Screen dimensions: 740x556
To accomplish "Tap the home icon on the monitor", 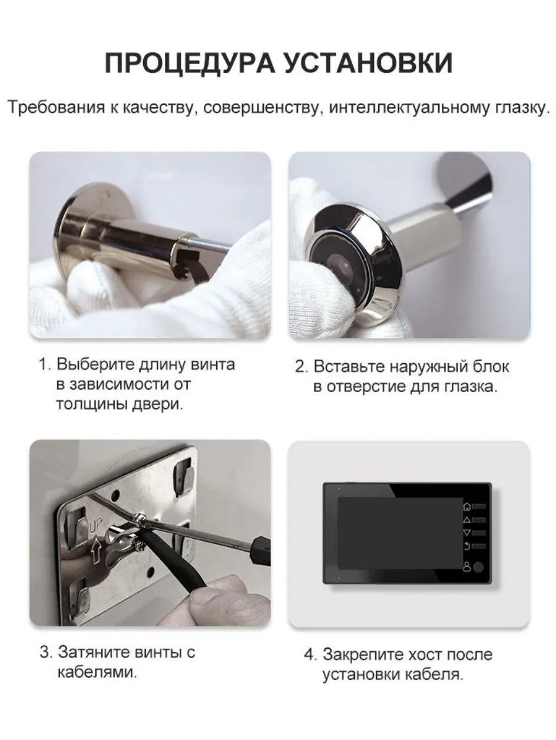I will (467, 506).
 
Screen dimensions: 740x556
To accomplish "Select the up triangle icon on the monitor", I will (467, 520).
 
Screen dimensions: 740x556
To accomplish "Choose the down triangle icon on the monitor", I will (467, 533).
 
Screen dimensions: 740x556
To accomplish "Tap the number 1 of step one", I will (43, 364).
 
